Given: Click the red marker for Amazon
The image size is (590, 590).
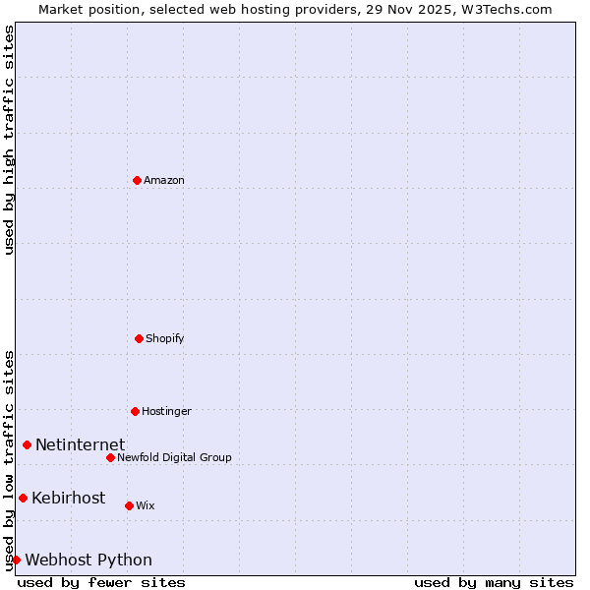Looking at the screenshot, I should tap(137, 180).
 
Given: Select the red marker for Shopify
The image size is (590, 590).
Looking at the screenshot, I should tap(139, 338).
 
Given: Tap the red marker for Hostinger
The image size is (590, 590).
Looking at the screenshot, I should tap(135, 411).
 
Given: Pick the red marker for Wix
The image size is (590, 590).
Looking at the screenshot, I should tap(129, 505).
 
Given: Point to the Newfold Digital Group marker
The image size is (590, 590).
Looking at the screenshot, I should tap(110, 457).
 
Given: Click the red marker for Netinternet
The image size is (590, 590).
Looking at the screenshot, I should tap(27, 444).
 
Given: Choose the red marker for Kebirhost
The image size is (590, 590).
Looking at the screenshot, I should tap(23, 498).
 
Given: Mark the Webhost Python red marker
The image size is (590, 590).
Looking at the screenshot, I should tap(16, 560).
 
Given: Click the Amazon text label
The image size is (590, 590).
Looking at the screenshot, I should tap(164, 180).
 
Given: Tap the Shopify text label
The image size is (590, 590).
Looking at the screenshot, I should tap(165, 338).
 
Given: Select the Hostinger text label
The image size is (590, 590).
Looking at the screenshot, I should tap(166, 411).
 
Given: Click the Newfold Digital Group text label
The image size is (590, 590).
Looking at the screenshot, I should tap(174, 457).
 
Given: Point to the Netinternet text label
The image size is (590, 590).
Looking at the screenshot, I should tap(80, 444).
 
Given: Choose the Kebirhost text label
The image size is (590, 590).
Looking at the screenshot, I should tap(68, 498).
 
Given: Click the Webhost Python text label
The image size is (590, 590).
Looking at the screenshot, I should tap(88, 560).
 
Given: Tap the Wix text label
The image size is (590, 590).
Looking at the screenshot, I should tap(146, 505).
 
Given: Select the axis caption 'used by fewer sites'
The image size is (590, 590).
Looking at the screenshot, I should tap(101, 582).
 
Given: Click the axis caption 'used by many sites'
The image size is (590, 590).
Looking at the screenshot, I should tap(494, 582).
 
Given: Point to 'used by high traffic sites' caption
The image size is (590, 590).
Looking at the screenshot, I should tap(9, 140).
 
